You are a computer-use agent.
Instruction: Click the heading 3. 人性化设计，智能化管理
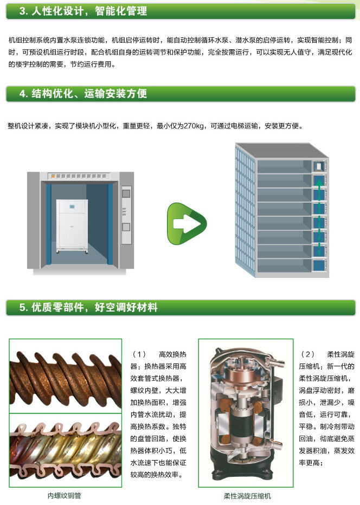pos(83,11)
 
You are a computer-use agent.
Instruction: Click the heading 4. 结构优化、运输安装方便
pos(83,94)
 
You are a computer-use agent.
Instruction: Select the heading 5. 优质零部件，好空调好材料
pos(88,307)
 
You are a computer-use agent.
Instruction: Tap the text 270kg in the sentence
pos(194,126)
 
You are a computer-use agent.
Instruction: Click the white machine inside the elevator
pos(72,226)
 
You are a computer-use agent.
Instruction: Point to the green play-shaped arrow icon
pos(187,224)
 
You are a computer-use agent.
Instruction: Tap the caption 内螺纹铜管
pos(65,496)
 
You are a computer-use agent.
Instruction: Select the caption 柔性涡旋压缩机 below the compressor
pos(248,496)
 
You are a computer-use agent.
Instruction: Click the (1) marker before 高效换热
pos(139,354)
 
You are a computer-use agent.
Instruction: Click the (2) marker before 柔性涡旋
pos(307,354)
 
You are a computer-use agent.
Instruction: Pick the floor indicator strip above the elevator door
pos(79,176)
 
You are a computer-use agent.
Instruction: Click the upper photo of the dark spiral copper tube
pos(66,376)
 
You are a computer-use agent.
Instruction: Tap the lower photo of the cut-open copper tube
pos(66,450)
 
